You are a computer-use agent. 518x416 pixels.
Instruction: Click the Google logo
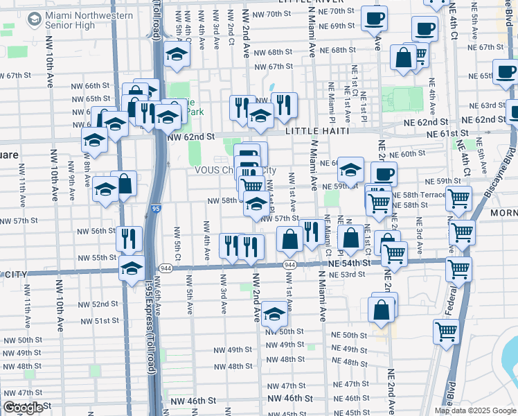tap(23, 408)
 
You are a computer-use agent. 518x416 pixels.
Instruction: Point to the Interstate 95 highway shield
tap(154, 208)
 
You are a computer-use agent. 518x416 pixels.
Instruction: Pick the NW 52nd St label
tap(98, 304)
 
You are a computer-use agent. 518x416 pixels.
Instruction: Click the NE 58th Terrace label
tap(418, 195)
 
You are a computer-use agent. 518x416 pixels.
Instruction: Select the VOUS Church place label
tap(215, 171)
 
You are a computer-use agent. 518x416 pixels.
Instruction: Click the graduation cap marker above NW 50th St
tap(275, 315)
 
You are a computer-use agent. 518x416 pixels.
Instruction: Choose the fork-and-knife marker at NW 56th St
tap(129, 239)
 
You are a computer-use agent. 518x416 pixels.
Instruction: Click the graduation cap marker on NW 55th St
tap(131, 268)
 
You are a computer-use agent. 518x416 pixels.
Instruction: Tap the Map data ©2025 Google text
tap(474, 410)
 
